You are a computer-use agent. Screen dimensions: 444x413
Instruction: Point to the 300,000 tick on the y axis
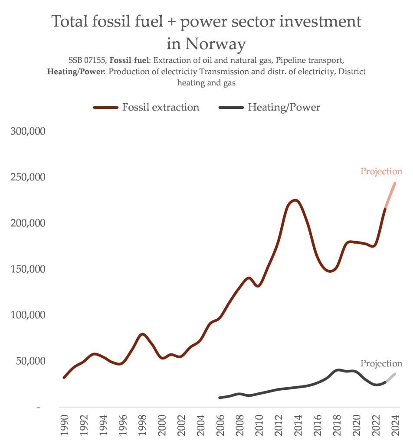[x=28, y=131]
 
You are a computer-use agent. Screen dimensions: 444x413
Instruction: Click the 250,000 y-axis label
[x=28, y=177]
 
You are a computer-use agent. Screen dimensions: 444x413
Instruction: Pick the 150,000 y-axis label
[x=28, y=269]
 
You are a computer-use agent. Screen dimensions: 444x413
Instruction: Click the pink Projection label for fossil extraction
[x=381, y=172]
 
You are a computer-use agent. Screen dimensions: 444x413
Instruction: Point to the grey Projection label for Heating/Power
[x=381, y=364]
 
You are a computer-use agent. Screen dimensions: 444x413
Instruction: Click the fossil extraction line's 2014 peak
[x=295, y=200]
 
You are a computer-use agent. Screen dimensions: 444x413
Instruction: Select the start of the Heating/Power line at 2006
[x=220, y=398]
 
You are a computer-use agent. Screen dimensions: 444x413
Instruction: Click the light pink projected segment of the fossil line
[x=390, y=195]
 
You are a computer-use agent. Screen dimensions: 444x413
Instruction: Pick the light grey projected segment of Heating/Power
[x=390, y=378]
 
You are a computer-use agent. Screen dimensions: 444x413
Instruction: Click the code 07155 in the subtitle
[x=94, y=60]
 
